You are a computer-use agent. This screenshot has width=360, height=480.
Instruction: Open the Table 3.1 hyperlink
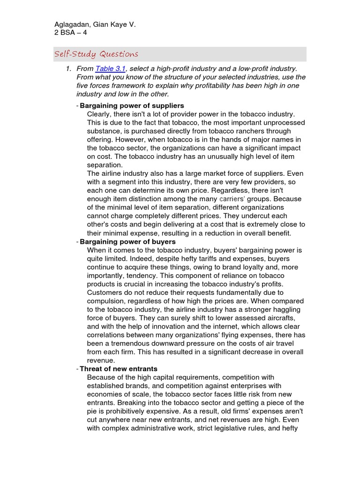110,69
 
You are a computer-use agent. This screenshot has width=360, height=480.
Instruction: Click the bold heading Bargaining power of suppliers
132,105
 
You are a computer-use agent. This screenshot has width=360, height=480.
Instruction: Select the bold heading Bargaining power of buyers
127,241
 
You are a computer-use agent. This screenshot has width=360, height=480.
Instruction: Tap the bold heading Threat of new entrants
119,369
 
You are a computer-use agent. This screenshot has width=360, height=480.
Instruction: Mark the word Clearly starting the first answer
100,114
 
